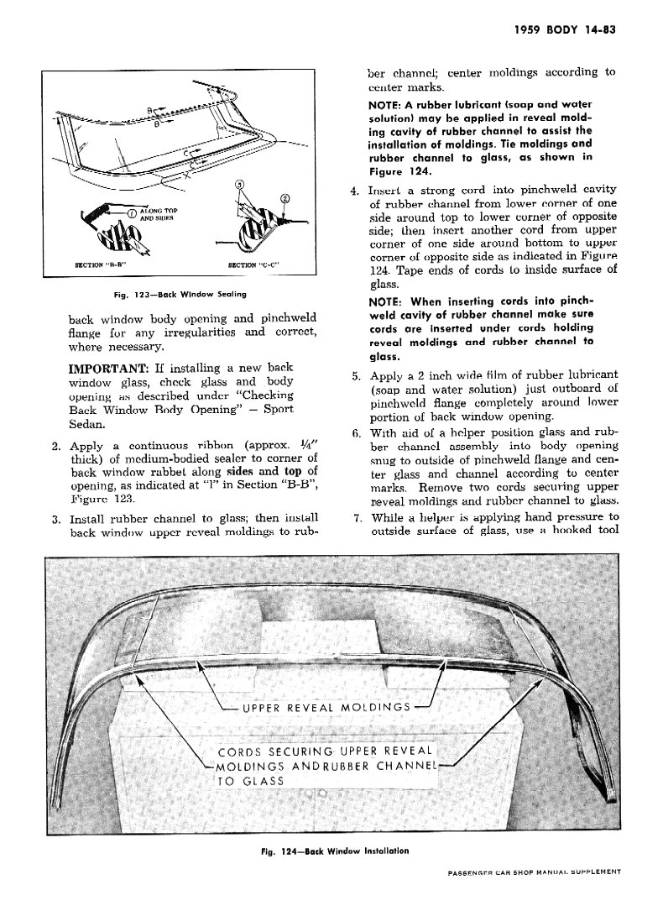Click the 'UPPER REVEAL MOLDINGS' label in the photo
326,707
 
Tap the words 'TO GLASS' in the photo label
250,781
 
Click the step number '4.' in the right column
356,191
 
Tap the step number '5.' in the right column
356,374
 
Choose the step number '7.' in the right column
356,516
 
